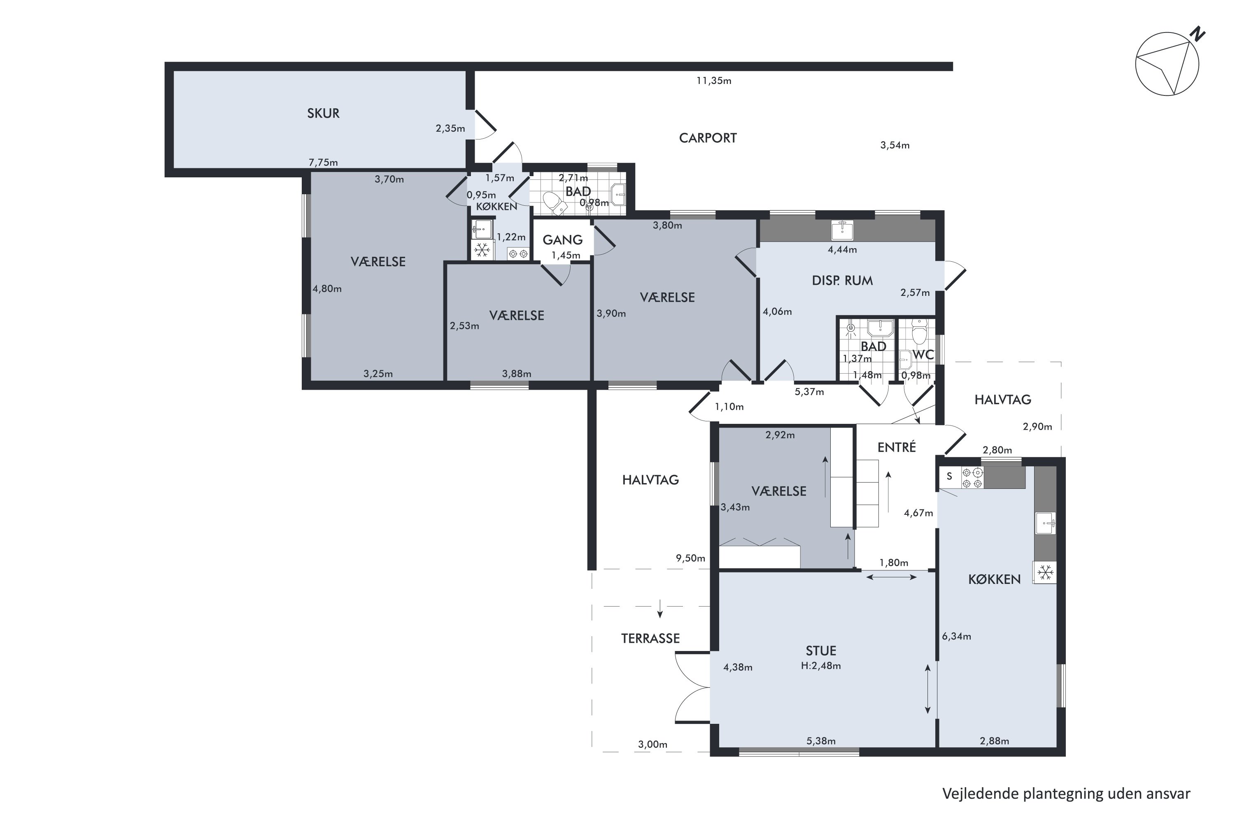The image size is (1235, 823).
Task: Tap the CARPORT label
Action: [x=708, y=138]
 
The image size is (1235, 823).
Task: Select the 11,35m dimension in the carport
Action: [x=713, y=81]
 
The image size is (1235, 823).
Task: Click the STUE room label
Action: [x=821, y=651]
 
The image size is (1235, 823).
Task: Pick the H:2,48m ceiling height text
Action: [x=821, y=666]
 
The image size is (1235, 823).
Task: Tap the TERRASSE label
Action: [x=650, y=638]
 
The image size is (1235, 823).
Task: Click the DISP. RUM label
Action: [x=842, y=281]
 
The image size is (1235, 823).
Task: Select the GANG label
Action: [x=562, y=240]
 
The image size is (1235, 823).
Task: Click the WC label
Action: [x=923, y=354]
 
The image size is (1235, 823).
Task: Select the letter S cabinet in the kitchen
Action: [x=949, y=477]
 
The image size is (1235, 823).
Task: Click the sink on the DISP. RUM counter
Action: [x=842, y=230]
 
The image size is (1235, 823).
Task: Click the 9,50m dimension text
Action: [x=690, y=558]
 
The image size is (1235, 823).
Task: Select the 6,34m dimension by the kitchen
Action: [x=956, y=637]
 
